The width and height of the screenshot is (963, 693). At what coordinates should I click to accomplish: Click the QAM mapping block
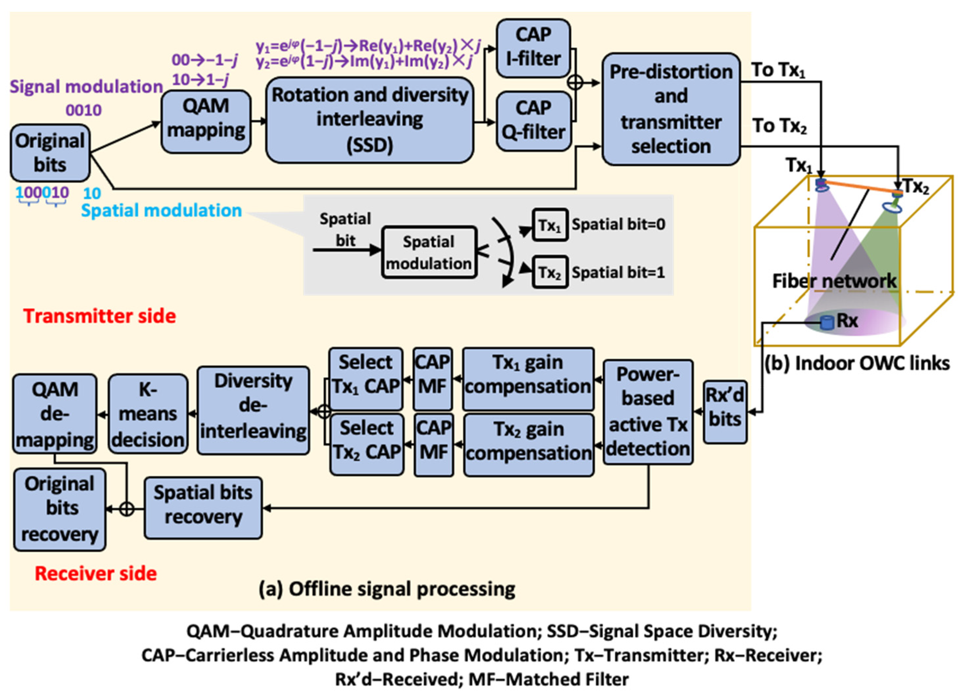pos(206,121)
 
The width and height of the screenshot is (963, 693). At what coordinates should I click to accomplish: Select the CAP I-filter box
pos(533,48)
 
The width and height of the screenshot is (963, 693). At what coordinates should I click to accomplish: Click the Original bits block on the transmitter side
pos(50,153)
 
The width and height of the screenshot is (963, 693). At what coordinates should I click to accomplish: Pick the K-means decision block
pos(148,414)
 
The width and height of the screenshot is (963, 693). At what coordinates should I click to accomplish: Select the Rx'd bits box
pos(725,412)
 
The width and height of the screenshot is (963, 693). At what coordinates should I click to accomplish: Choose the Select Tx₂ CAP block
pos(367,444)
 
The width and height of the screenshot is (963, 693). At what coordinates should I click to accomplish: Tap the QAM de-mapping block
pos(55,414)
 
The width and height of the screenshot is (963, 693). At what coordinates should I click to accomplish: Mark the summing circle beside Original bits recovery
pos(127,509)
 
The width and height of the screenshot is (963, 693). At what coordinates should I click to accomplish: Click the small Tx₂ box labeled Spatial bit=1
pos(550,272)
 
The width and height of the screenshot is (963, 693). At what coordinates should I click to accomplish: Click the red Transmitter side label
pos(100,316)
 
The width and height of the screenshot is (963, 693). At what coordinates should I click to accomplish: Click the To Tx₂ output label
pos(779,126)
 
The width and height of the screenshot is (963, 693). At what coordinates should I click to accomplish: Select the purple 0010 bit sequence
pos(84,111)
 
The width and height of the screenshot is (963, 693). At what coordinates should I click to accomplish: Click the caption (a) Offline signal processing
pos(387,589)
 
